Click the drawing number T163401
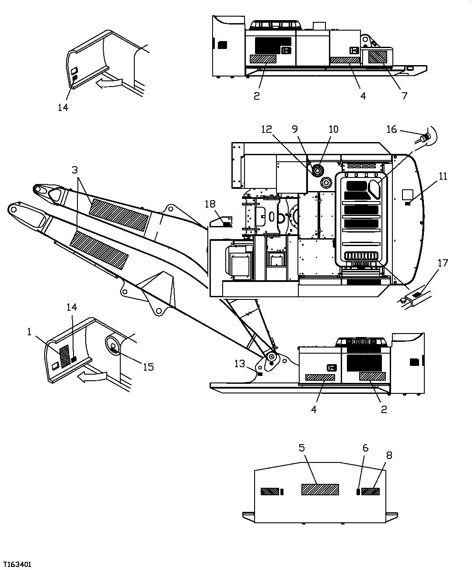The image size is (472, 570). tap(17, 565)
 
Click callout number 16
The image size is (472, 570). tap(392, 129)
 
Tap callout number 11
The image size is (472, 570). tap(443, 176)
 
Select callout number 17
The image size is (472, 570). tap(443, 263)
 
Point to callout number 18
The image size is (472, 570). tap(210, 204)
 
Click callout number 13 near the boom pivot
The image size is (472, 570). tap(240, 364)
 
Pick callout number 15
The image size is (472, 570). tap(148, 366)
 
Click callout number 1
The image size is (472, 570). tap(29, 332)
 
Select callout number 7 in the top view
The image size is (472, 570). tap(405, 95)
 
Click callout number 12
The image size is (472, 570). tap(266, 129)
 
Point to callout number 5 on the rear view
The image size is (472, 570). tap(302, 448)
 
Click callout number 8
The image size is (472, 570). tap(389, 455)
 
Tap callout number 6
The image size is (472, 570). tap(365, 448)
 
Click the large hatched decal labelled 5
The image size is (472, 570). tap(320, 489)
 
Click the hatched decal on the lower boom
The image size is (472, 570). tap(99, 250)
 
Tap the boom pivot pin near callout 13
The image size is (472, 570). tap(272, 357)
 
